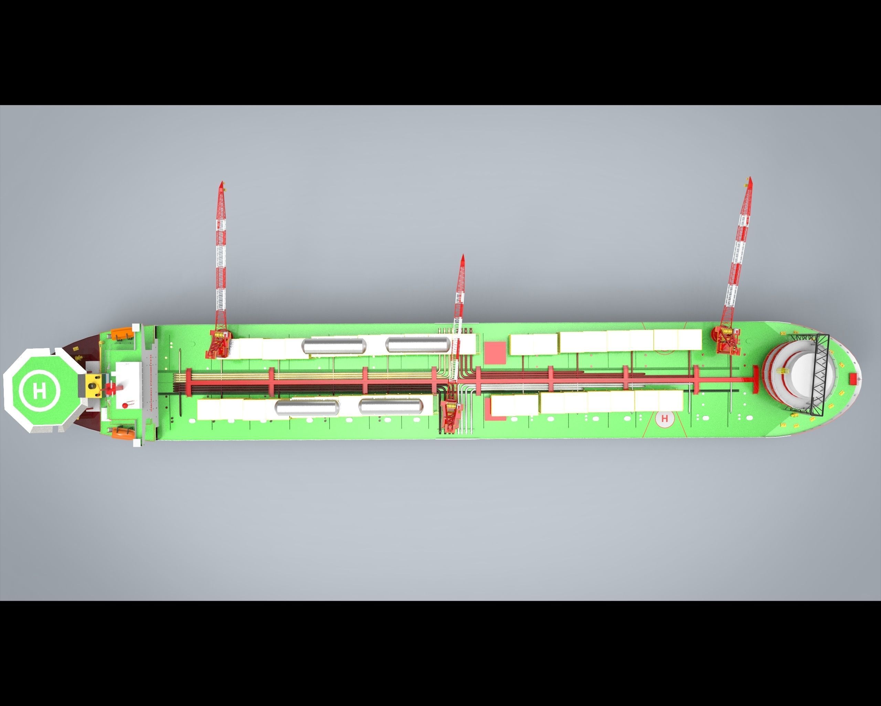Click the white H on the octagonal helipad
(40, 391)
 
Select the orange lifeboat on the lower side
(122, 432)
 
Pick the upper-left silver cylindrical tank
(334, 346)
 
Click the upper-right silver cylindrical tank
(418, 345)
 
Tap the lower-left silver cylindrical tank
(307, 407)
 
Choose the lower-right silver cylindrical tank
(390, 405)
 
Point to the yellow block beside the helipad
(94, 385)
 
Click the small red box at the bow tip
(853, 379)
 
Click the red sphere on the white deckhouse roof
(125, 405)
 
